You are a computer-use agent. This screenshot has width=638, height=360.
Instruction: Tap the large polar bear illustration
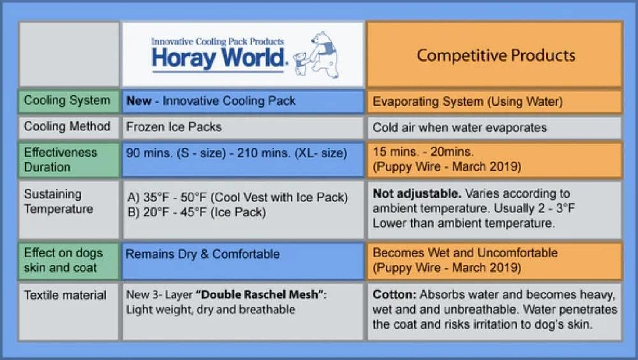[325, 54]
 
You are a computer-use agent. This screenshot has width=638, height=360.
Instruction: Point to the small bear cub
[301, 64]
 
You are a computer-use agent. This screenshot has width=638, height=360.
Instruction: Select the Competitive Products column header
[496, 55]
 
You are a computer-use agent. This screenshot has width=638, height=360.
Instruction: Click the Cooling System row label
[67, 100]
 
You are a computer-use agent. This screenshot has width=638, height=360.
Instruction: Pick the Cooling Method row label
[67, 126]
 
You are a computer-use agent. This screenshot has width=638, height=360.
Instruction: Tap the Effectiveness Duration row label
[60, 160]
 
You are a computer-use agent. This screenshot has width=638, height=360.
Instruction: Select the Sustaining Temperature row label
[58, 201]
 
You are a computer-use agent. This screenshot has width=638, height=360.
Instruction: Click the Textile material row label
[65, 295]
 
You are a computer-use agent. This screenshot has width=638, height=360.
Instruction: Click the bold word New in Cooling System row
[139, 101]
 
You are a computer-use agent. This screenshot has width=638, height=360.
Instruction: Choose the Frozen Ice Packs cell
[174, 127]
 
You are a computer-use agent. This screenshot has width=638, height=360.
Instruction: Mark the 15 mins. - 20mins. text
[423, 152]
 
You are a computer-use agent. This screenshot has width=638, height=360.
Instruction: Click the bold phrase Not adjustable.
[417, 193]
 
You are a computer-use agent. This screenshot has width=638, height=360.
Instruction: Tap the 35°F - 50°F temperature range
[175, 198]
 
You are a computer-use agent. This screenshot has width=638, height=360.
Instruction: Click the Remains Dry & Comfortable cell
[202, 254]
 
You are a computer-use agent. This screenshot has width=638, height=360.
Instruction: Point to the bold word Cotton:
[395, 294]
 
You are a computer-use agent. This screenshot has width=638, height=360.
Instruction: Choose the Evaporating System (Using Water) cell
[467, 102]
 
